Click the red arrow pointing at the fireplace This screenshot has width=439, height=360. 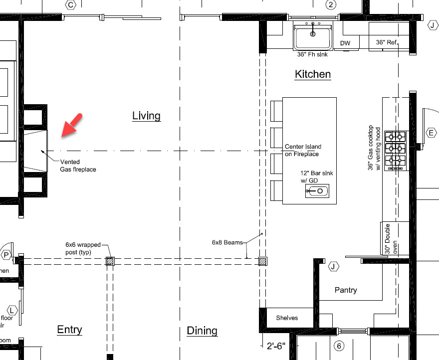pos(72,125)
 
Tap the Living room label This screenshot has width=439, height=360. pos(146,116)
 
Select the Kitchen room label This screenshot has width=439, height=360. pos(313,74)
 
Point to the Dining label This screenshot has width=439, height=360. pos(202,331)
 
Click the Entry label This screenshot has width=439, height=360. pos(69,330)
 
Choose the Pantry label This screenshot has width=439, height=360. pos(346,290)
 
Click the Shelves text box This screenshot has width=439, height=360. pos(287,318)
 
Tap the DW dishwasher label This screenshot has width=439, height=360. pos(345,43)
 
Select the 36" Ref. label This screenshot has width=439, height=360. pos(386,43)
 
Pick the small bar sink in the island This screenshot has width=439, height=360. pos(317,191)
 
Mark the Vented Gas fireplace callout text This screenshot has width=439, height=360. pos(78,166)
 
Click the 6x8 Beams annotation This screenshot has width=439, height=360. pos(227,243)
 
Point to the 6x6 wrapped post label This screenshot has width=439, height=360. pos(83,248)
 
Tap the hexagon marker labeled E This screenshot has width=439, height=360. pos(432,133)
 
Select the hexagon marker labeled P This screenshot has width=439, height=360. pos(6,255)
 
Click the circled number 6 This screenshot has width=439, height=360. pos(339,346)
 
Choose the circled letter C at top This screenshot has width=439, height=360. pos(71,5)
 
